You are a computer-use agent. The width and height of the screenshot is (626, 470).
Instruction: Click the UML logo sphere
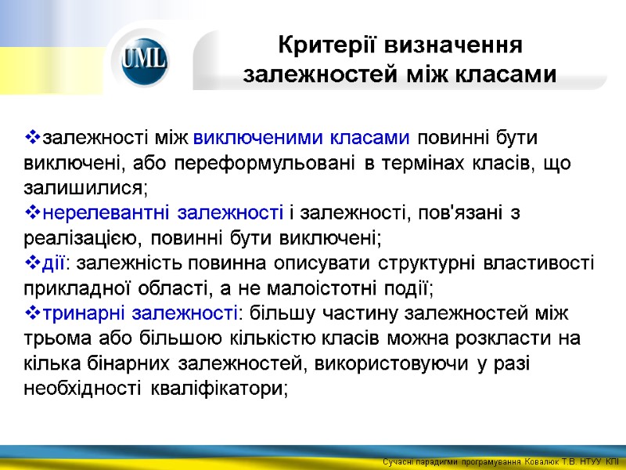coord(144,60)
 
